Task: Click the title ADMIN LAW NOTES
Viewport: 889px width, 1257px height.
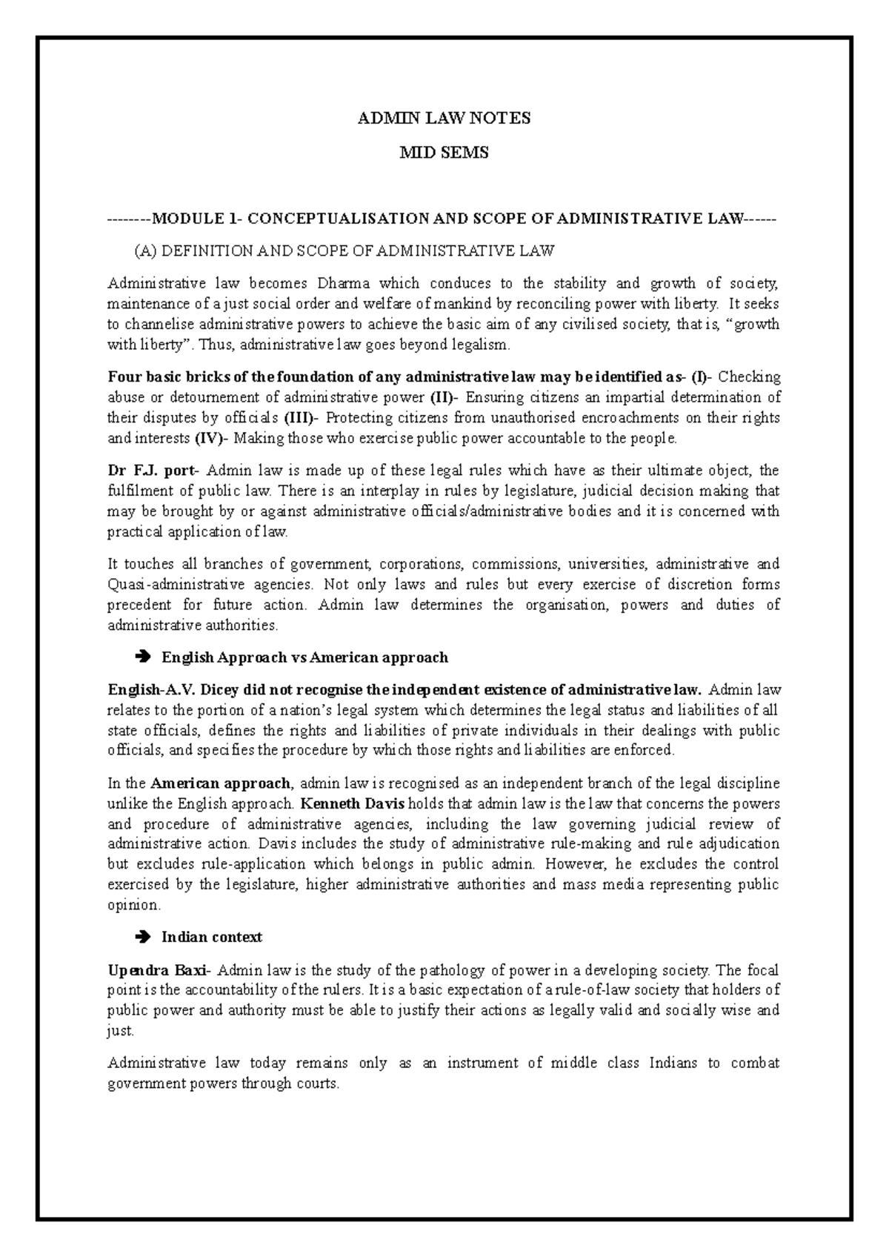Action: pyautogui.click(x=444, y=118)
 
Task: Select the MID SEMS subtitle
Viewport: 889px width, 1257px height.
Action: pyautogui.click(x=444, y=153)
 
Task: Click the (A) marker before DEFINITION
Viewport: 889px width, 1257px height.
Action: pyautogui.click(x=145, y=251)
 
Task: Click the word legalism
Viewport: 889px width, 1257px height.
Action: pyautogui.click(x=482, y=345)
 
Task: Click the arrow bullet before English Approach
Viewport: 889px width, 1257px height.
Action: pyautogui.click(x=144, y=657)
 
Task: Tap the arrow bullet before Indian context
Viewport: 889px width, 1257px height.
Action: pyautogui.click(x=144, y=937)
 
